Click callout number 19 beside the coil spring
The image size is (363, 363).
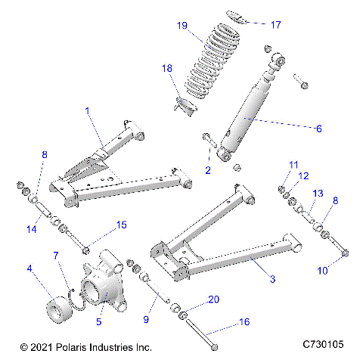point(181,26)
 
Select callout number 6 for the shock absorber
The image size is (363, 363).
point(318,129)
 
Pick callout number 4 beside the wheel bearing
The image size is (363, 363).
point(29,268)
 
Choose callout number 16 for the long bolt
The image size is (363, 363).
point(244,321)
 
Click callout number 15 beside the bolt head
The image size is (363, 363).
point(121,225)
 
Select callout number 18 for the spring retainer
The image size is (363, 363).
point(168,69)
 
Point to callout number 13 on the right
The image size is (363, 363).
point(318,194)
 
